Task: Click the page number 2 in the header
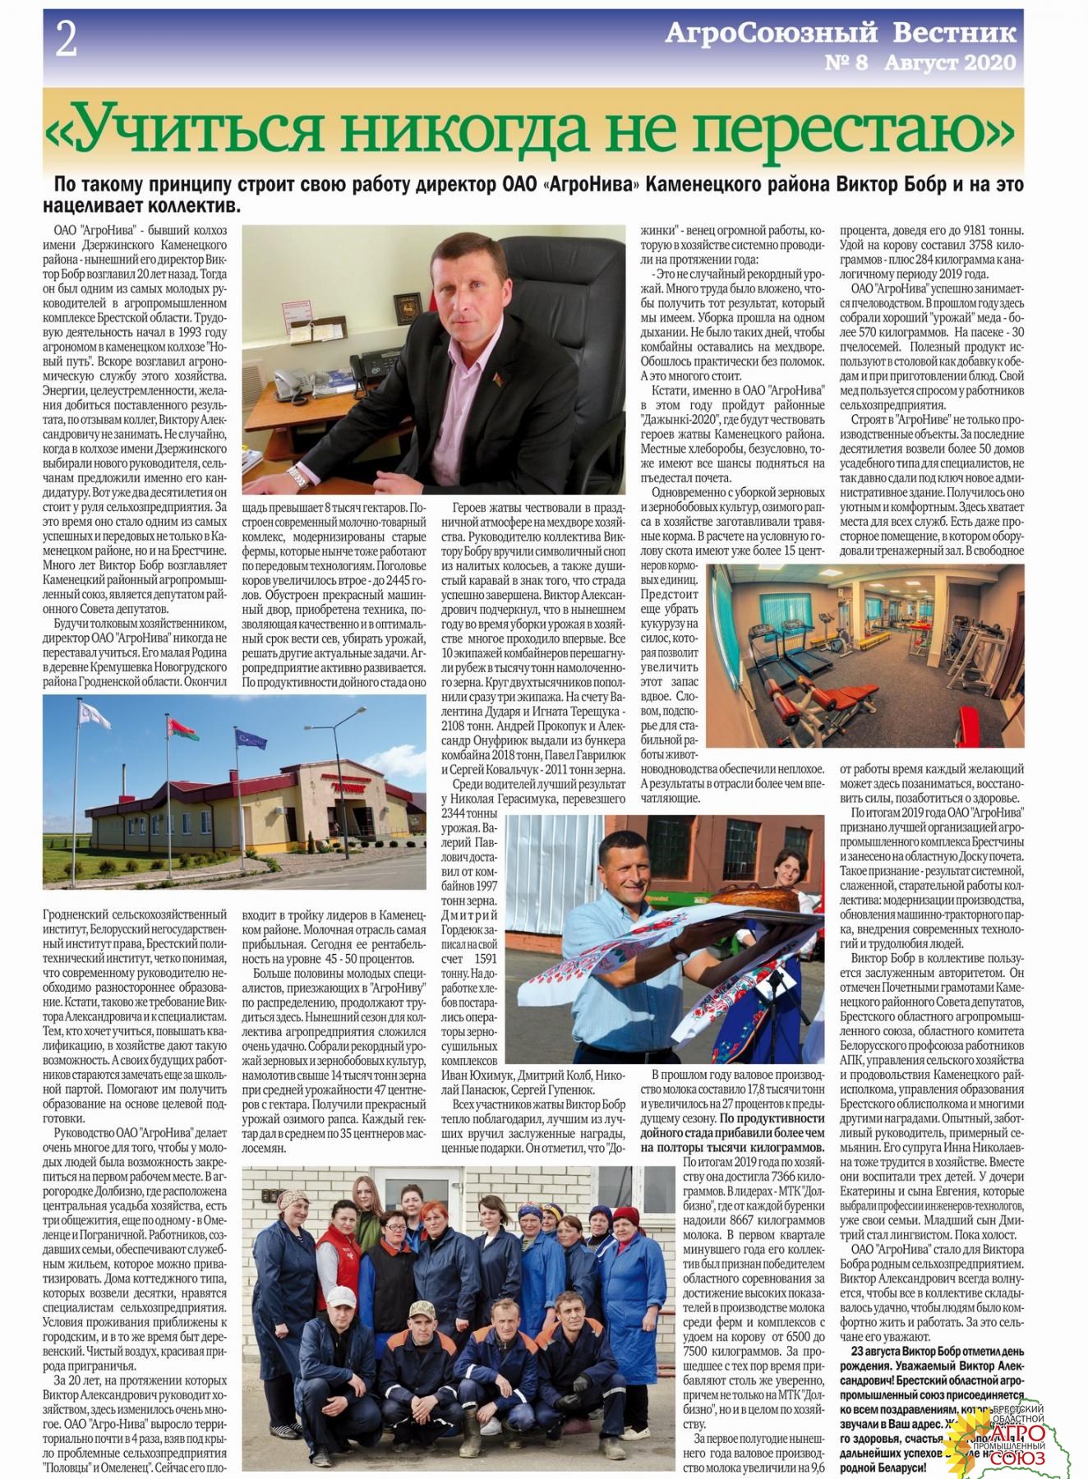[65, 39]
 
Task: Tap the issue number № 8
[846, 62]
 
